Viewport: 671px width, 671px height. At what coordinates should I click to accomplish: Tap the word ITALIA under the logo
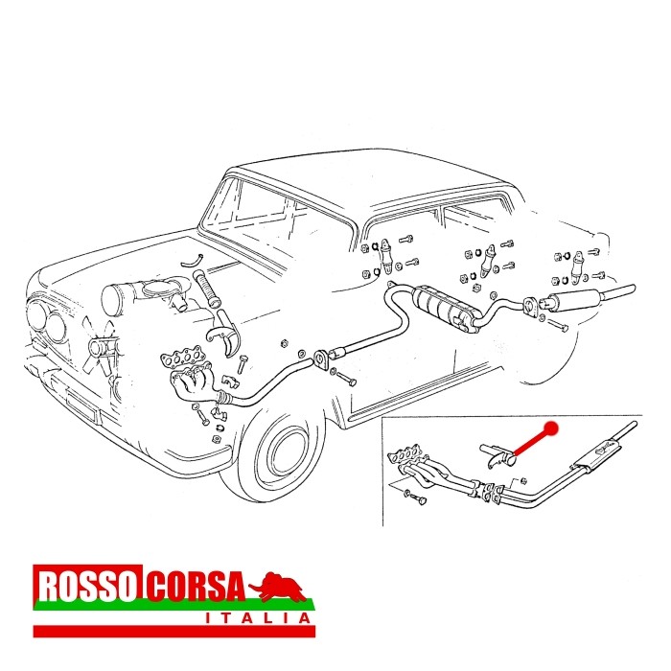(258, 618)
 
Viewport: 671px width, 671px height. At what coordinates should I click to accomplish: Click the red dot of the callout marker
(551, 428)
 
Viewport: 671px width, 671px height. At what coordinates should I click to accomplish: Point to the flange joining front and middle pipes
(321, 359)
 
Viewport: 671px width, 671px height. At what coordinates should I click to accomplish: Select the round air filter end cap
(112, 299)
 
